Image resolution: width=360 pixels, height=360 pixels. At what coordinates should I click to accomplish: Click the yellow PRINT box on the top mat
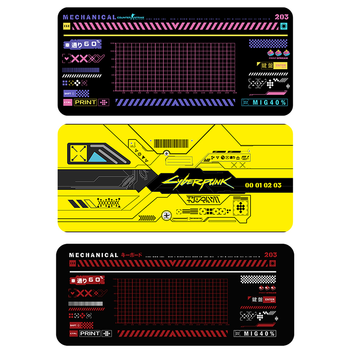tap(85, 102)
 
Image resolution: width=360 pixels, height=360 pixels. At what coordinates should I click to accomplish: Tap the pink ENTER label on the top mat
tap(280, 66)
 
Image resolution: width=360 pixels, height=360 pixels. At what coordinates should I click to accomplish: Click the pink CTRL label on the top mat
tap(68, 102)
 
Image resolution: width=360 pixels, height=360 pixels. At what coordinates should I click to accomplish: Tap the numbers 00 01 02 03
tap(263, 185)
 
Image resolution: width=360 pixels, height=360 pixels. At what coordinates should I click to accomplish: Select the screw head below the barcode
tap(166, 153)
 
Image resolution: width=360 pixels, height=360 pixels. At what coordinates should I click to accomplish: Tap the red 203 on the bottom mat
tap(270, 255)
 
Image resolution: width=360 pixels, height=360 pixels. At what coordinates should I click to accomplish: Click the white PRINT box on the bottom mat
tap(90, 333)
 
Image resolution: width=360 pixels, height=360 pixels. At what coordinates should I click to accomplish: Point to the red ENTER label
tap(270, 300)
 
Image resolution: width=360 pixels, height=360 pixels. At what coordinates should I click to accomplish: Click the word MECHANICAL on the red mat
tap(94, 255)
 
